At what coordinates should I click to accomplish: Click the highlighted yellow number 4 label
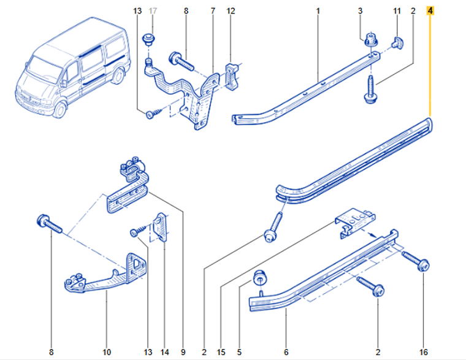(431, 10)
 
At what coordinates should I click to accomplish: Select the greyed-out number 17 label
(153, 10)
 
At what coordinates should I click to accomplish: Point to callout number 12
(231, 10)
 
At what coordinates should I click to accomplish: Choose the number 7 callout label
(213, 10)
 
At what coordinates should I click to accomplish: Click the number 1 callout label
(318, 10)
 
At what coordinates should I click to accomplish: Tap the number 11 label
(397, 10)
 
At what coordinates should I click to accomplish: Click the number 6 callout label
(286, 352)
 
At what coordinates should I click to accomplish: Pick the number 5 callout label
(239, 352)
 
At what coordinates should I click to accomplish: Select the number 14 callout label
(164, 352)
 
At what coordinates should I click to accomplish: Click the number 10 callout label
(105, 352)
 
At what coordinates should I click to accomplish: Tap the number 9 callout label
(183, 352)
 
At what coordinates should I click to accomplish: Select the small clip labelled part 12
(231, 75)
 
